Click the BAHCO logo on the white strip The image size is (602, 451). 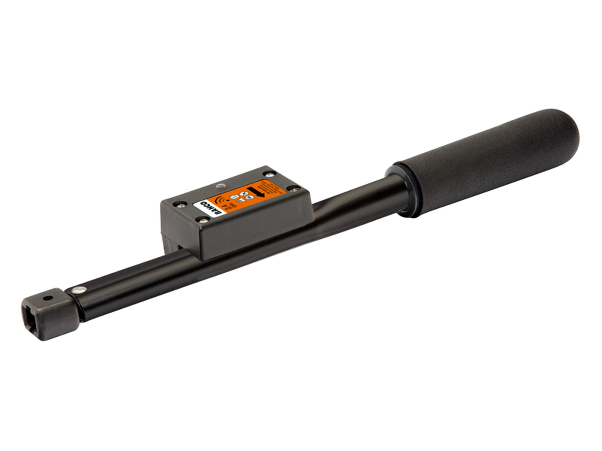coord(211,208)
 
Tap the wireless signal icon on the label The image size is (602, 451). coord(222,199)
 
